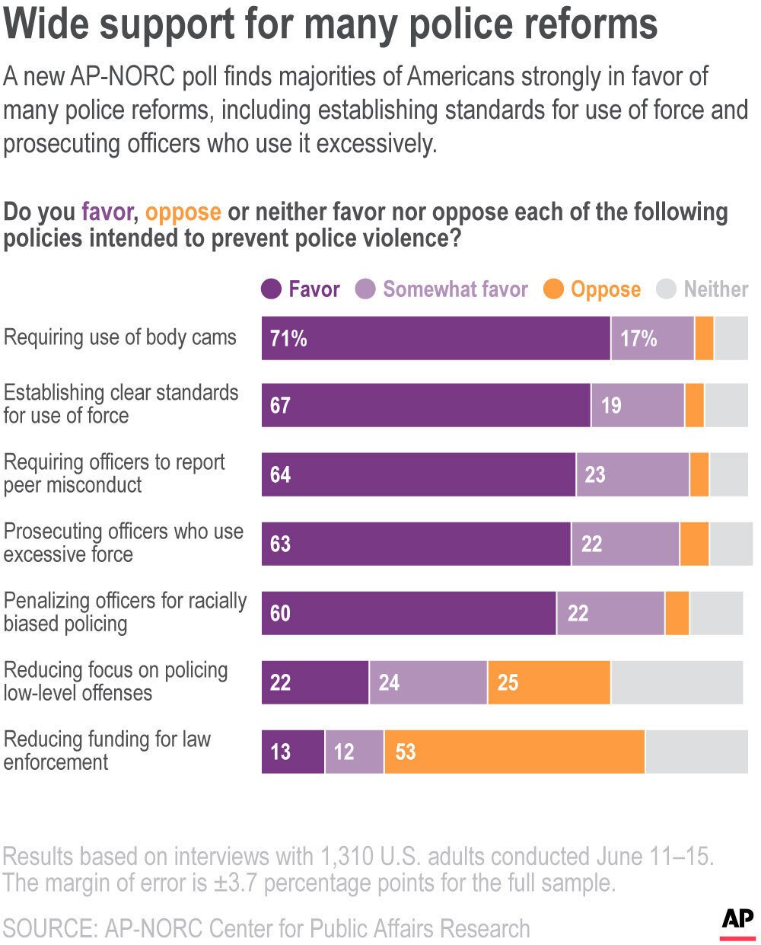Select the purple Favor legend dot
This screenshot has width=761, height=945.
point(272,289)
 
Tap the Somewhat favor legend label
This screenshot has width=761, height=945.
point(455,289)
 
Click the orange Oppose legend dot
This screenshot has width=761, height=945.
point(554,289)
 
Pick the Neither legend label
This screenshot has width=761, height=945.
point(715,289)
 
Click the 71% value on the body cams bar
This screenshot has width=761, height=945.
point(288,338)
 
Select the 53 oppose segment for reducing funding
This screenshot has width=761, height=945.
point(514,752)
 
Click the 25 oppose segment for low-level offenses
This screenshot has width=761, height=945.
point(549,682)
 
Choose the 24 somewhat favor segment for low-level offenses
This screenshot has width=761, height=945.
point(428,682)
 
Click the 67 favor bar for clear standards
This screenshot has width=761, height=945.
point(426,405)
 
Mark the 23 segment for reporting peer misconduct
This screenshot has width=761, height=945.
point(632,474)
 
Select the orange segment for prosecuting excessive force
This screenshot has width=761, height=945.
point(694,544)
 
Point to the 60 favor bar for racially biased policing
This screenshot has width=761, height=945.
point(409,613)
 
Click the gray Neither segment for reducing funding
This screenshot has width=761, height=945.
point(696,752)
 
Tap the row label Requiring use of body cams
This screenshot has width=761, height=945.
point(120,337)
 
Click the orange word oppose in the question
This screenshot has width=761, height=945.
point(183,212)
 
